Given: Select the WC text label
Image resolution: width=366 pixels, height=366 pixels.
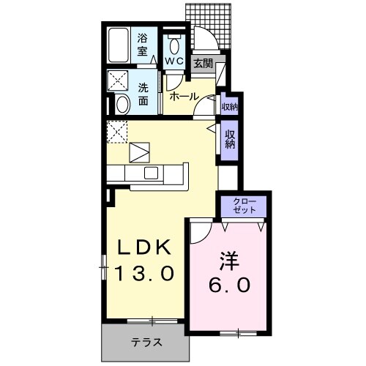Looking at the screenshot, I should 173,61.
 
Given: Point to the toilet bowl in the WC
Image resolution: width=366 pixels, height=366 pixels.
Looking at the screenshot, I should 173,41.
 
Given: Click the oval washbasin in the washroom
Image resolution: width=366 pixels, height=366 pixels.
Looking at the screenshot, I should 123,104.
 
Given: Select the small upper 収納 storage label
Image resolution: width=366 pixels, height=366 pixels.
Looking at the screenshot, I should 230,107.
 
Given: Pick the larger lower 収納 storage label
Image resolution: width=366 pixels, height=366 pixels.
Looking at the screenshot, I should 230,138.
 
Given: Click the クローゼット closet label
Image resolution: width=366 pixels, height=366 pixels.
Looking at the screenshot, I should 244,205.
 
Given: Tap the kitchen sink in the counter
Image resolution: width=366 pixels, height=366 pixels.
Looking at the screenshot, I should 152,173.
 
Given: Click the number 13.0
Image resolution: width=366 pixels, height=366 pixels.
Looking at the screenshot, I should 145,274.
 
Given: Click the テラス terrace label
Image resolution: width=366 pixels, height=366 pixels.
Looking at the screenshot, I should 146,343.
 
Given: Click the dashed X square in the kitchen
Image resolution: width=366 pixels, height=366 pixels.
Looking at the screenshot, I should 118,132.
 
